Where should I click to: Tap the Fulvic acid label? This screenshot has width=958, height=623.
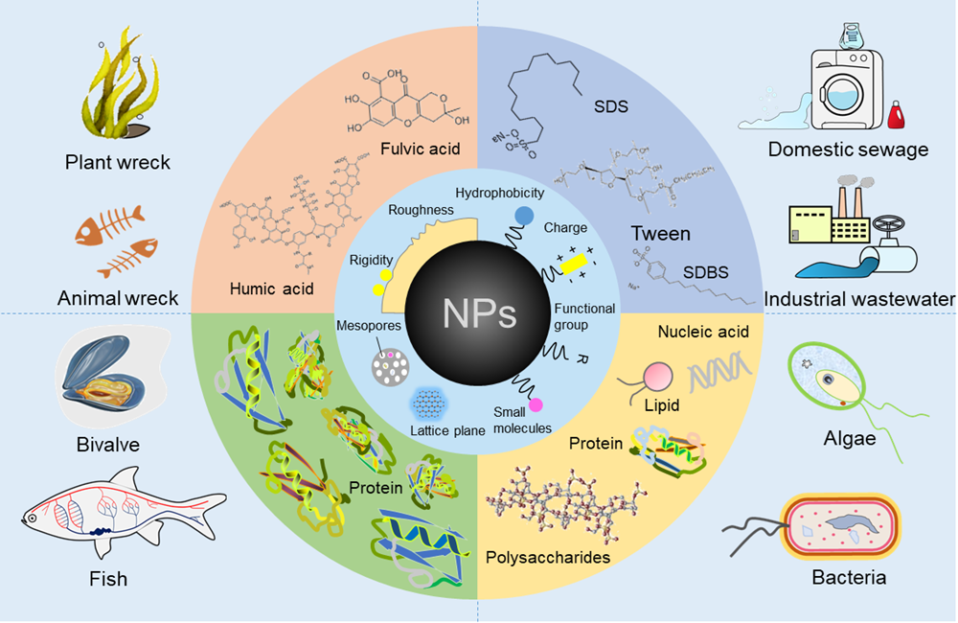point(419,149)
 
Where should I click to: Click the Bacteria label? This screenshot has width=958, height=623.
point(849,577)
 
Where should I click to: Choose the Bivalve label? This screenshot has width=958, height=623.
point(108,445)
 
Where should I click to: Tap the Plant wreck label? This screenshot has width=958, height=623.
point(118,162)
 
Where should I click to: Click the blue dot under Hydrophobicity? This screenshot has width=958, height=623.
point(525,216)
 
